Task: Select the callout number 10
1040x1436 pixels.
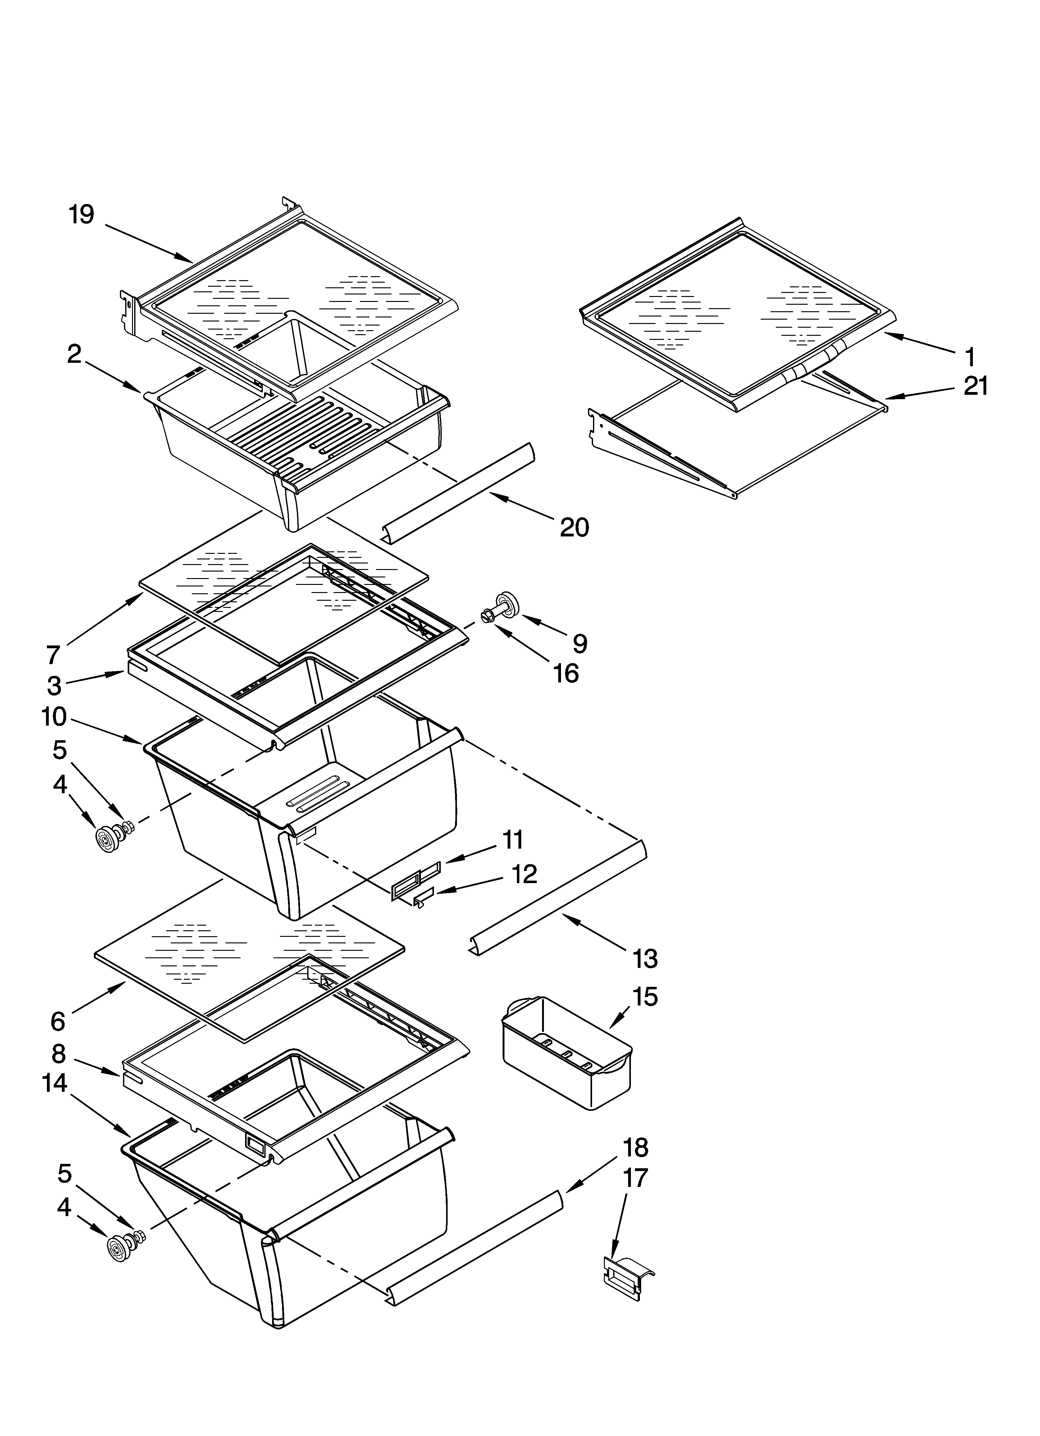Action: [x=54, y=717]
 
